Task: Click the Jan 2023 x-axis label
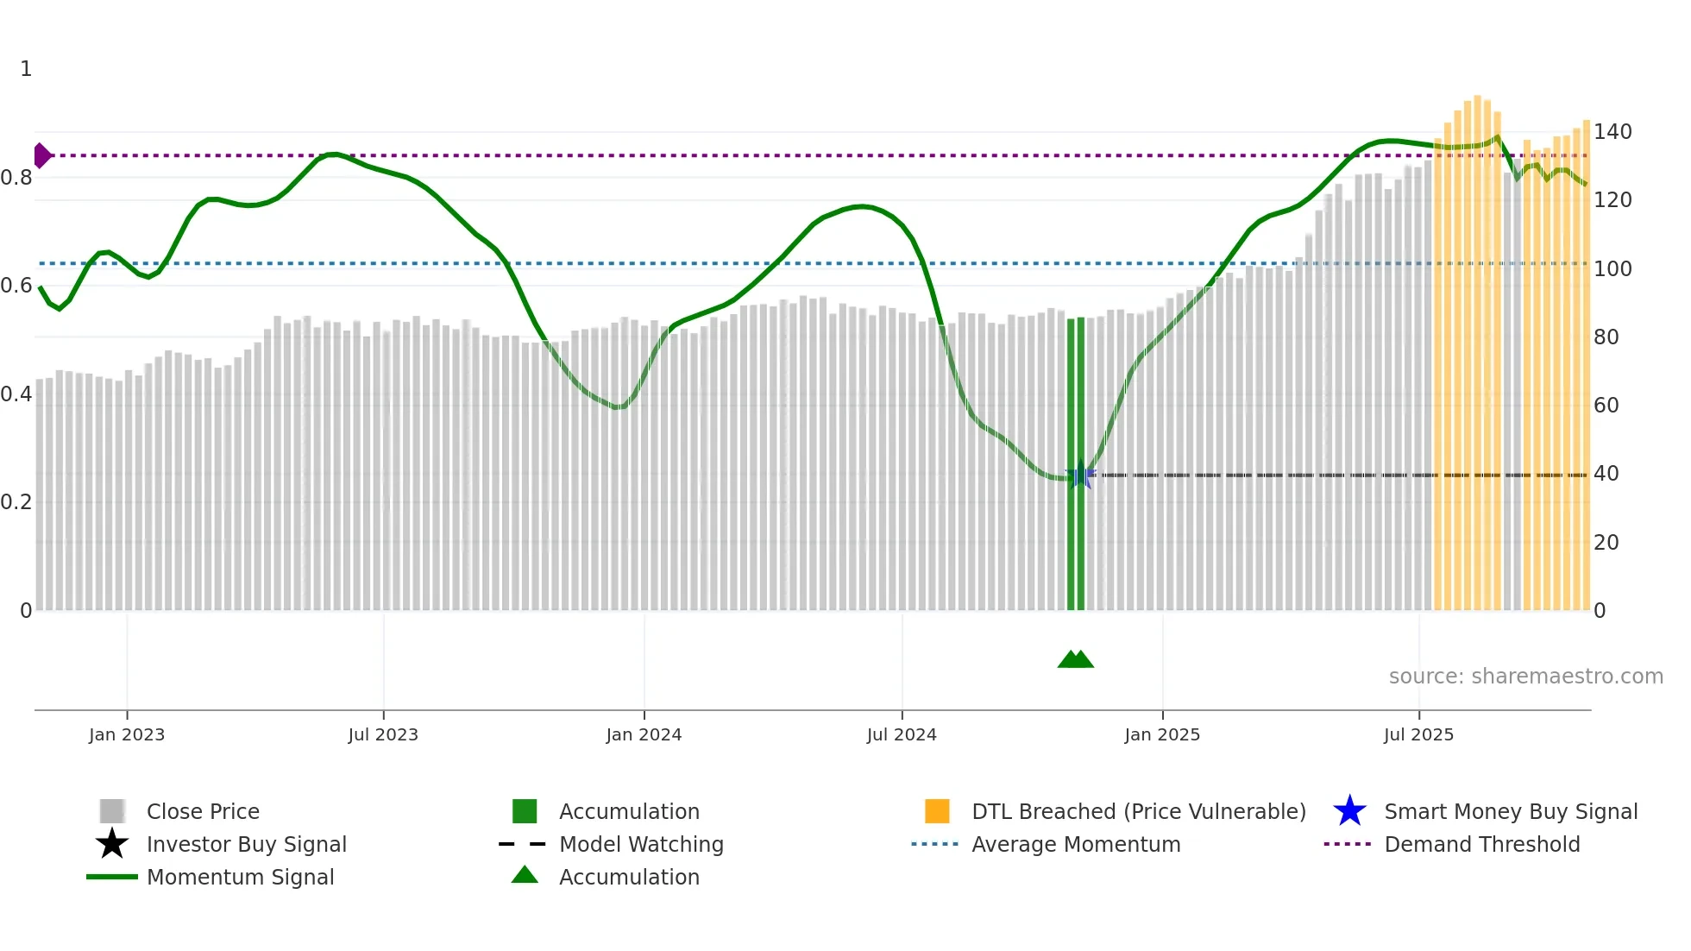[126, 734]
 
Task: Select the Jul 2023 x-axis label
[383, 734]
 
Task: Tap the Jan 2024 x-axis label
[644, 734]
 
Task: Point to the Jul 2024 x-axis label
[902, 734]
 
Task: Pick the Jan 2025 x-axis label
[1162, 734]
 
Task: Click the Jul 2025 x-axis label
[1418, 734]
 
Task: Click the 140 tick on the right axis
[1612, 132]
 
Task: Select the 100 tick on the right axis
[1612, 268]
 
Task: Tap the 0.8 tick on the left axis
[16, 178]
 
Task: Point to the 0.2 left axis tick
[16, 502]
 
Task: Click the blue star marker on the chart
[1079, 475]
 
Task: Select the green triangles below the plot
[1075, 659]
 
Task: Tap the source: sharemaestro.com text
[1525, 677]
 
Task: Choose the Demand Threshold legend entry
[1481, 844]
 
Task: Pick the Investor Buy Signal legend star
[112, 844]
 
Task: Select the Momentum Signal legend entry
[240, 877]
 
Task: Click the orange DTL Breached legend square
[937, 811]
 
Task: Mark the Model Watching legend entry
[640, 844]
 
